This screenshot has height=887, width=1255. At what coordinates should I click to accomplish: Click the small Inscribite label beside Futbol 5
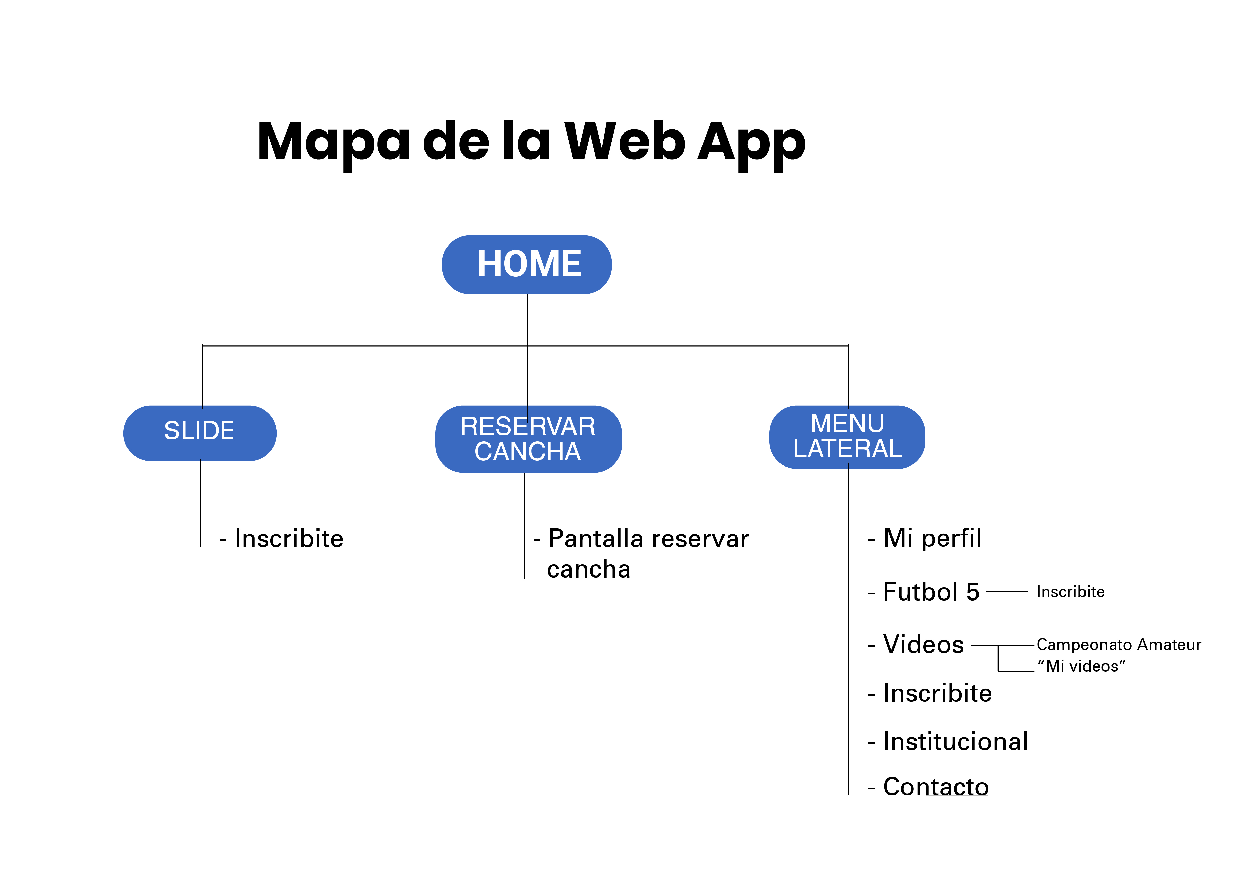click(1070, 592)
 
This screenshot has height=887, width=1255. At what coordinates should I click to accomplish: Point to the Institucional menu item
click(955, 742)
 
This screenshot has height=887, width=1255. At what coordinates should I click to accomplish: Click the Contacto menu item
click(936, 787)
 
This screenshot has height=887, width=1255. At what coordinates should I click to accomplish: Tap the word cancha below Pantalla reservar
click(589, 570)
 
